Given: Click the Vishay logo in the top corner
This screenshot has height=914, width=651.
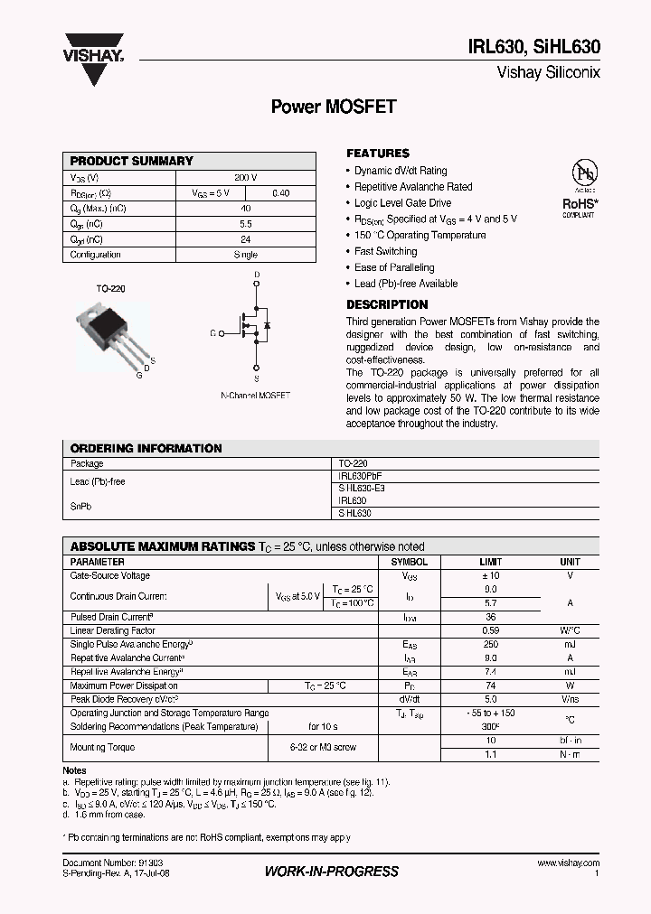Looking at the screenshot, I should point(93,46).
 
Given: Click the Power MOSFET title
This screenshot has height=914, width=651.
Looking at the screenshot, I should point(334,107).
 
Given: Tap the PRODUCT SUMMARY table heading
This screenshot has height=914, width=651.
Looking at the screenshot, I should point(132,161).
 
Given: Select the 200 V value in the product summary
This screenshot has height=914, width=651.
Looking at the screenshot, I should point(245,178).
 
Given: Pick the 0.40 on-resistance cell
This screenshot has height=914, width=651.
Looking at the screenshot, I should point(280,193).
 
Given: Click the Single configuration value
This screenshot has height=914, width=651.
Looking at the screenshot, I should point(245,255).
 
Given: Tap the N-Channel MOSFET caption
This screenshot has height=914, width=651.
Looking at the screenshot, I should point(255,396).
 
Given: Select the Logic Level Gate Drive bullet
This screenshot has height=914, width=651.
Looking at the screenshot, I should point(402,203).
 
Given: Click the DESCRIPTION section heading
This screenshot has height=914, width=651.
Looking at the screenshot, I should point(387,305).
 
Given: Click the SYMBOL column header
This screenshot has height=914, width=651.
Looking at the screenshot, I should point(409,562).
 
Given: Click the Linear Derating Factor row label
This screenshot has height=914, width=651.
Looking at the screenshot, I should point(113,630).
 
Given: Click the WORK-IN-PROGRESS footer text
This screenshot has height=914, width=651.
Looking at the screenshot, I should point(331,872).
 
